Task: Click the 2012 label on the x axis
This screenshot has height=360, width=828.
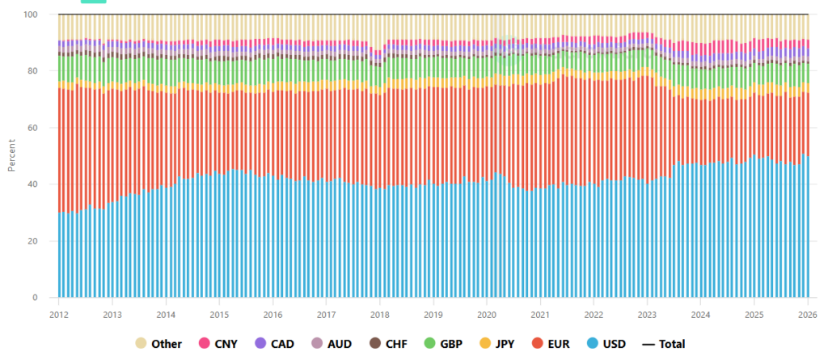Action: (59, 314)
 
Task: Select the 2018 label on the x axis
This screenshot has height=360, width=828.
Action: (380, 314)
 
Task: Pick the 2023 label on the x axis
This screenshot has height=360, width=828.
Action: (647, 314)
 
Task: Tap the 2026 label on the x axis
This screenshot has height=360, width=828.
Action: (808, 314)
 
